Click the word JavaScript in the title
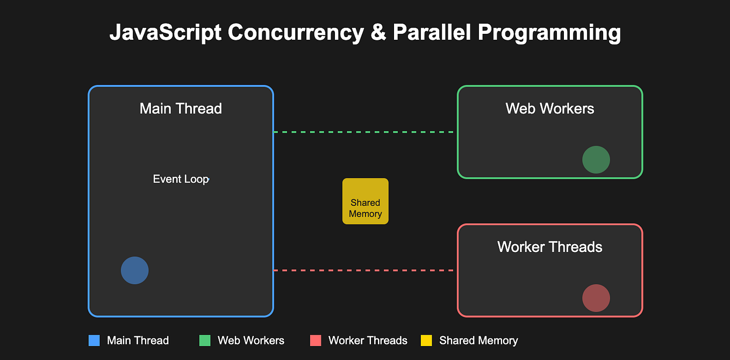(x=165, y=33)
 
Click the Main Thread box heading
(x=181, y=109)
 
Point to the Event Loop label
(x=181, y=179)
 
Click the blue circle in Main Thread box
(x=134, y=270)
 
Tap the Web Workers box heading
(x=550, y=109)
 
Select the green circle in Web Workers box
(x=596, y=160)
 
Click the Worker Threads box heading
(x=550, y=247)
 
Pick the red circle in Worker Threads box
(x=596, y=298)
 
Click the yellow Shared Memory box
(x=366, y=201)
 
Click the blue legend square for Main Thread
(x=94, y=340)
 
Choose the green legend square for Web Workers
(x=205, y=340)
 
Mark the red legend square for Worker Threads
(x=316, y=340)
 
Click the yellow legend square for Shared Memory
(x=426, y=340)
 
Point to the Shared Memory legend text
(x=478, y=341)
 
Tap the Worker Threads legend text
(x=368, y=341)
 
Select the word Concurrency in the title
(x=295, y=33)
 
